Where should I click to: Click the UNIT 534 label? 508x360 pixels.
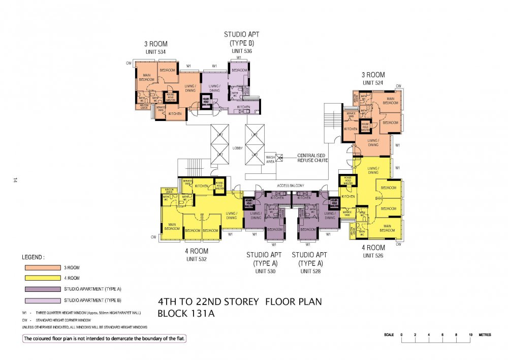155,52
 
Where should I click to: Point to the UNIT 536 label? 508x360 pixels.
242,51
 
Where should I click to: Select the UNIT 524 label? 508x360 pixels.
372,82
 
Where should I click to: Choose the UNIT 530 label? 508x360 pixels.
264,272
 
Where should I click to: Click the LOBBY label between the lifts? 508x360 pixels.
237,148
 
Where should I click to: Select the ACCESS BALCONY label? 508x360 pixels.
290,186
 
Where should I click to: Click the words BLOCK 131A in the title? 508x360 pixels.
186,313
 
